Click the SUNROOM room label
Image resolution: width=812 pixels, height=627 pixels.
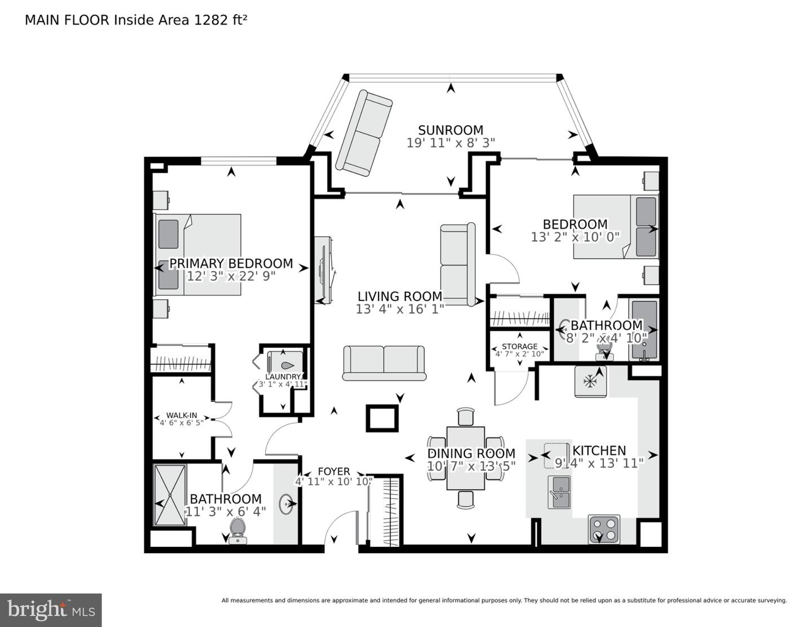pos(450,130)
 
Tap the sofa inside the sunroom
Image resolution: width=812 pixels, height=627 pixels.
pos(364,133)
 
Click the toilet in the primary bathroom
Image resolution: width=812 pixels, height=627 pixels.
pos(238,530)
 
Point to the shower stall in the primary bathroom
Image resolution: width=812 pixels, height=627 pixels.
pos(170,495)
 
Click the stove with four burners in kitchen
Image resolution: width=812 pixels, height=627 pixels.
pos(604,529)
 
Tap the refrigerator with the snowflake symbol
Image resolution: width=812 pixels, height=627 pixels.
pos(590,382)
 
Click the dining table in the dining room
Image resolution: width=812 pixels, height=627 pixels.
pos(466,458)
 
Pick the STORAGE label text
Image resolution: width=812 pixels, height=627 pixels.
pos(519,346)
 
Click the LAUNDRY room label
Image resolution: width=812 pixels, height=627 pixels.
pos(283,377)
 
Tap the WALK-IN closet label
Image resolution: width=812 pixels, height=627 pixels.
pos(182,416)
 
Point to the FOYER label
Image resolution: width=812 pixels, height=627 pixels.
pos(334,471)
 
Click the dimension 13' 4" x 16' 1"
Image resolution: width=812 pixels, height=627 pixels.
pos(400,309)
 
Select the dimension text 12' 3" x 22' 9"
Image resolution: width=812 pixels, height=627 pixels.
pos(231,276)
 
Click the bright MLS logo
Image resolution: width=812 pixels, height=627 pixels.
pos(51,610)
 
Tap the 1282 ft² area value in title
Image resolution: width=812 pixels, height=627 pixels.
pos(220,20)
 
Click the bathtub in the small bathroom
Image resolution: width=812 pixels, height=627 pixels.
pos(644,330)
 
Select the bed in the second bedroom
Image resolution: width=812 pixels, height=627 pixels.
pos(616,227)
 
